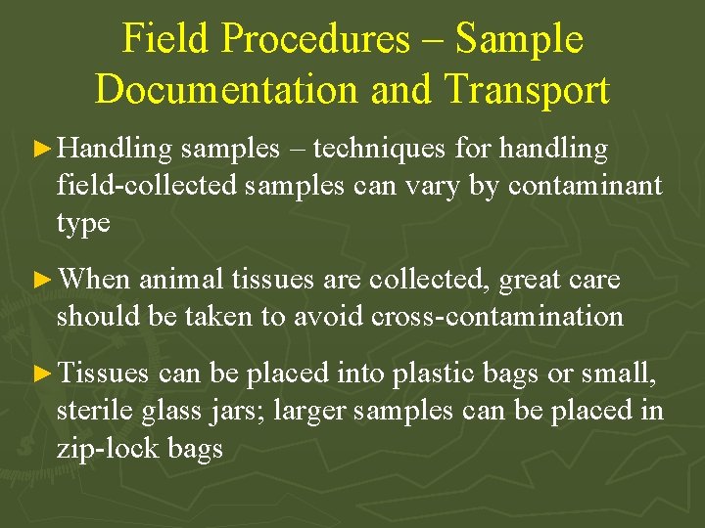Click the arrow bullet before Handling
(42, 150)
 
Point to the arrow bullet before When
(42, 281)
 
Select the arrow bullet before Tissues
(42, 373)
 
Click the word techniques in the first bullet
(378, 150)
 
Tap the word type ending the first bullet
(83, 224)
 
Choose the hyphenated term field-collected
(147, 186)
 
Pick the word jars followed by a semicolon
(240, 412)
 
